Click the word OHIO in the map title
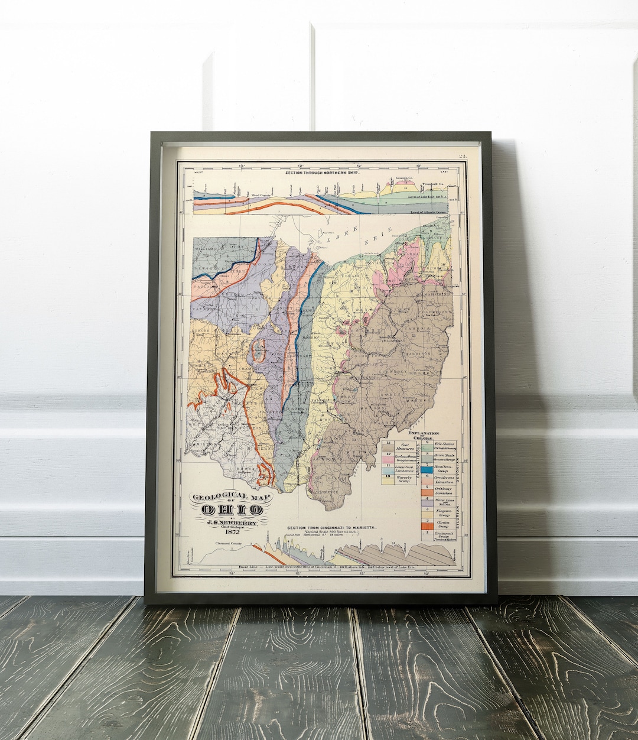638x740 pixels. [232, 509]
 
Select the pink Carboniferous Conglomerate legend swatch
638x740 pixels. [388, 459]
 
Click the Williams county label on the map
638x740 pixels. [206, 249]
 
